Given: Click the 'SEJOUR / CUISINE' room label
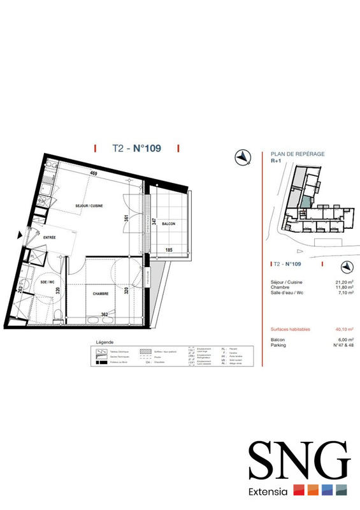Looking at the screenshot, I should click(x=89, y=205).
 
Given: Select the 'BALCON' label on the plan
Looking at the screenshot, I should click(x=168, y=224).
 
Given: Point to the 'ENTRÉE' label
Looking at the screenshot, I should click(x=50, y=238).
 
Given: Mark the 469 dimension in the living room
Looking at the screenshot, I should click(x=94, y=173).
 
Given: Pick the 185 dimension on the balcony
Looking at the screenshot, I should click(x=169, y=249).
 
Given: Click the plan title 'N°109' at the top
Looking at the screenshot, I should click(x=147, y=149).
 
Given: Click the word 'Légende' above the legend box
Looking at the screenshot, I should click(x=103, y=341).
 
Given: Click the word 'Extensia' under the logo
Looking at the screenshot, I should click(x=270, y=491).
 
